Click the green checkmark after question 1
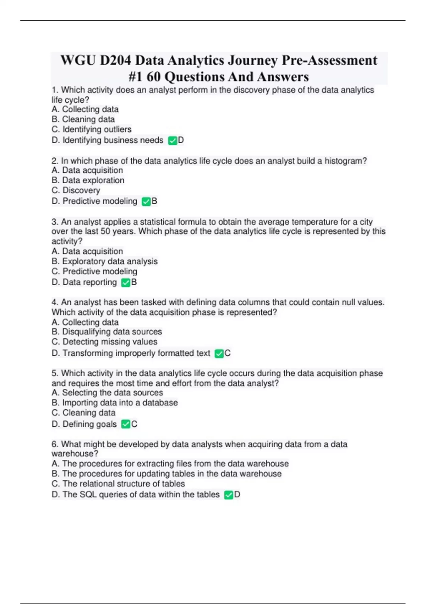173,141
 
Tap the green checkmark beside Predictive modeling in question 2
146,202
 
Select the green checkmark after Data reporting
126,283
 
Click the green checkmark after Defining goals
126,424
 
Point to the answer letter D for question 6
237,495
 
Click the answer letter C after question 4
228,353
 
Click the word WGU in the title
78,60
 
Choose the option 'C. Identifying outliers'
92,129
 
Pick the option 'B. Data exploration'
88,180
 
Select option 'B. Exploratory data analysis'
105,261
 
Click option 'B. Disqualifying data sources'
107,332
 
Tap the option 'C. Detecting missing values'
104,342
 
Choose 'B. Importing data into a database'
115,403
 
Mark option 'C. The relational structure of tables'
118,484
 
